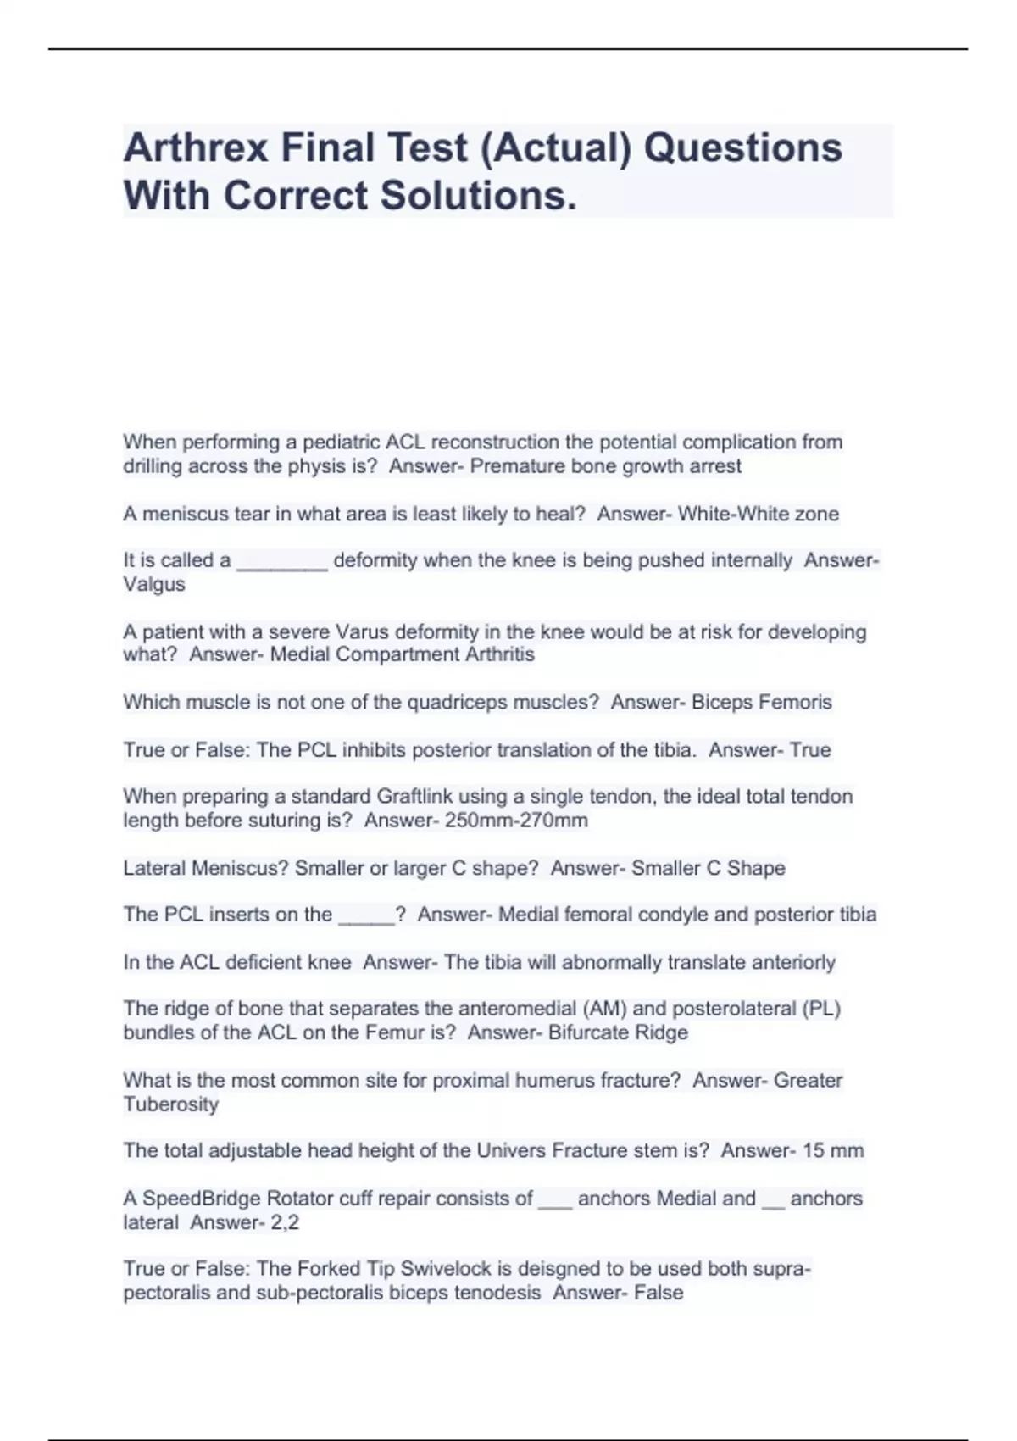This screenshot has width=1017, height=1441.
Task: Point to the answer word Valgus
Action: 153,585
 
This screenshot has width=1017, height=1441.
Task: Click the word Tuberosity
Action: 170,1105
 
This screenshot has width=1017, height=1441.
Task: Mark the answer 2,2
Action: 285,1223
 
